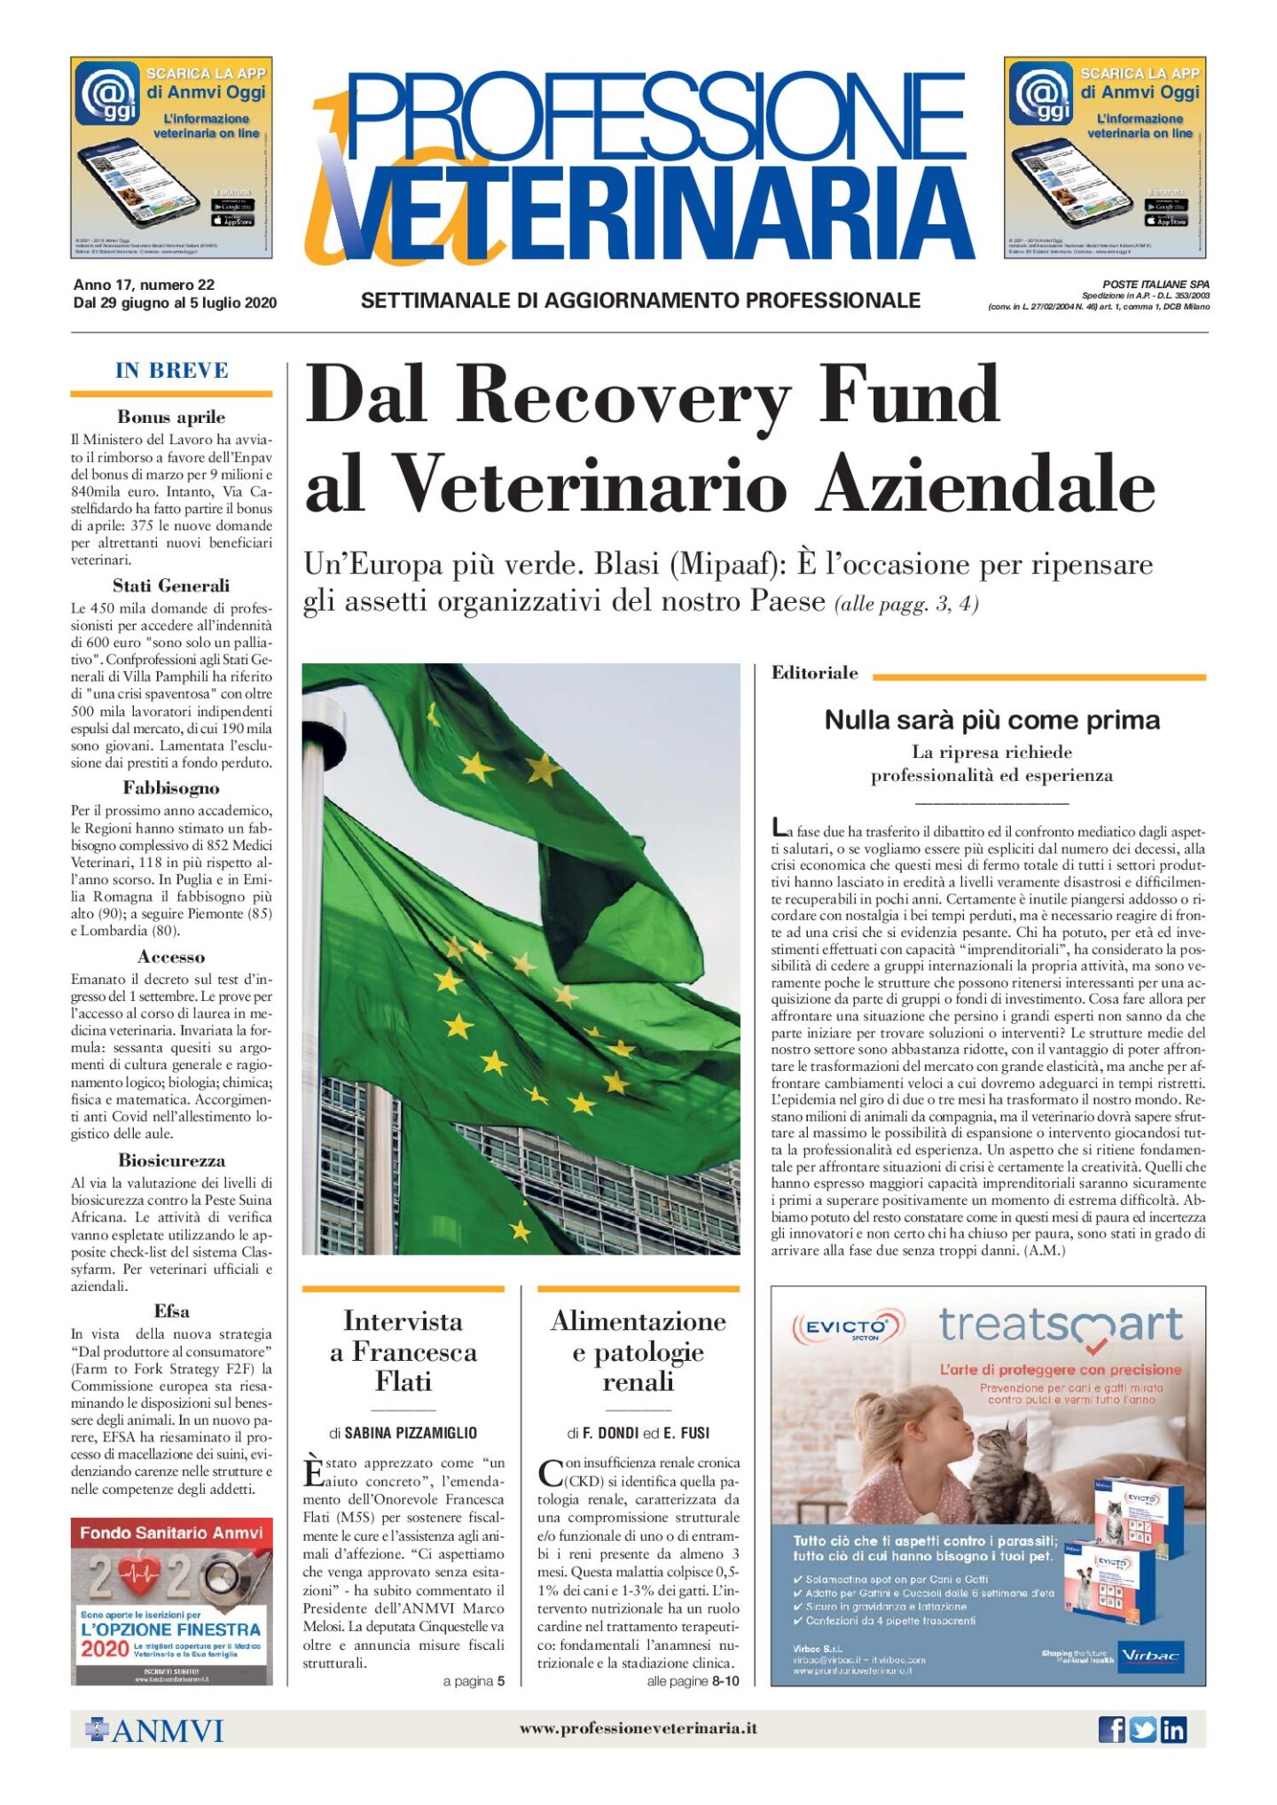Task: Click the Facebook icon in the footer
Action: pos(1111,1730)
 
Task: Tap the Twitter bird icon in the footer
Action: pos(1142,1730)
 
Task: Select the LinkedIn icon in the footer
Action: pos(1173,1730)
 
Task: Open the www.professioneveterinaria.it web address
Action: pos(638,1728)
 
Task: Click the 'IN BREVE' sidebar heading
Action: pos(171,371)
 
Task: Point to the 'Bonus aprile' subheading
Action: pos(171,417)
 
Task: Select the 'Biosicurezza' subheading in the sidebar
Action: pos(171,1160)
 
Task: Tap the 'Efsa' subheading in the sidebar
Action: pos(171,1311)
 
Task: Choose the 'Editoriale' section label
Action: pos(814,673)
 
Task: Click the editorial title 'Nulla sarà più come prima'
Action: pos(991,720)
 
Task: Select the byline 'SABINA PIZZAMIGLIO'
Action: pos(411,1433)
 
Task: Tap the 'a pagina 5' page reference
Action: pos(474,1681)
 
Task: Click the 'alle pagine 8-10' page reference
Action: pos(693,1681)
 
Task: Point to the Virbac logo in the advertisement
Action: pos(1150,1655)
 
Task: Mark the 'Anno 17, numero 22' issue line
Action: pos(144,285)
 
